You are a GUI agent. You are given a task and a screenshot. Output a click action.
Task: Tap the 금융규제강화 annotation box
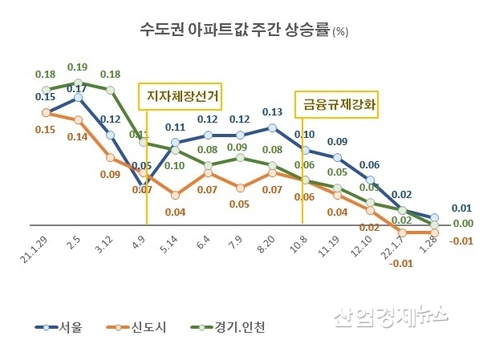pos(340,103)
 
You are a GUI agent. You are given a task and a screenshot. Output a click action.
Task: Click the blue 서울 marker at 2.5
pos(79,98)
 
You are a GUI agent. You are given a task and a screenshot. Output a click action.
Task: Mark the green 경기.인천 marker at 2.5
pos(79,83)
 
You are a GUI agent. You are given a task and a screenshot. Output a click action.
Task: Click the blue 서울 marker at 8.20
pos(273,127)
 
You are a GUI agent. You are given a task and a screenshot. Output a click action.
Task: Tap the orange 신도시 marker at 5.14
pos(176,193)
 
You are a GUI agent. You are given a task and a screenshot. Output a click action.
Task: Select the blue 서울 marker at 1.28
pos(434,217)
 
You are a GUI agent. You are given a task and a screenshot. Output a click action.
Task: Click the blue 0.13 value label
pos(272,112)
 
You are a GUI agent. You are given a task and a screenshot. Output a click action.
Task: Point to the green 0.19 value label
pos(78,67)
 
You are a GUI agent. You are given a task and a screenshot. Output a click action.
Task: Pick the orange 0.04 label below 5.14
pos(175,212)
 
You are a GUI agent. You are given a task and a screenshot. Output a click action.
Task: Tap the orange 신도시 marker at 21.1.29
pos(47,113)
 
